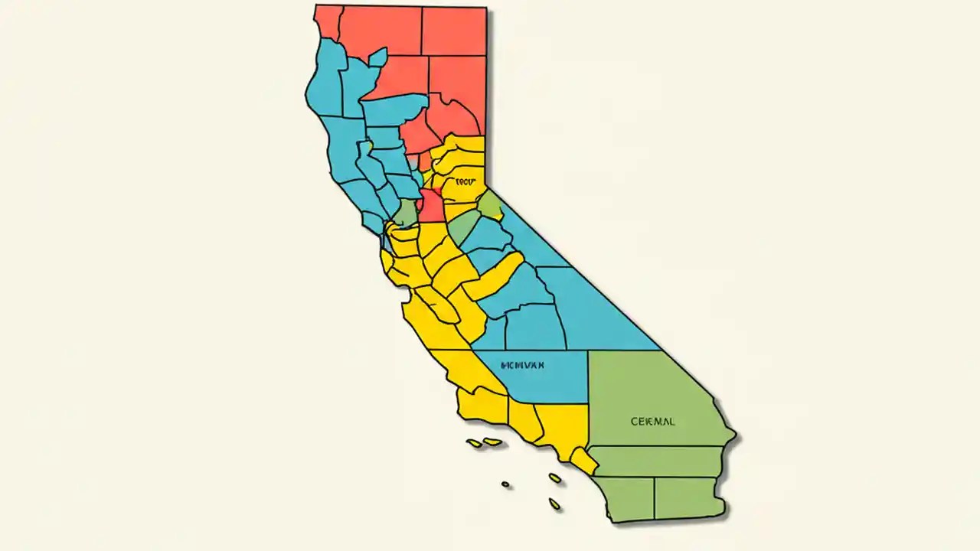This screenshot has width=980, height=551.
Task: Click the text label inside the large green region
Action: pos(653,422)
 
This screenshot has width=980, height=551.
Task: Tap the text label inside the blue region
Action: pos(522,366)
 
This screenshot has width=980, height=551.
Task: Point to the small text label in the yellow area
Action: pos(465,182)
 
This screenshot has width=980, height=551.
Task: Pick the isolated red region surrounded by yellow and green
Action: pos(430,205)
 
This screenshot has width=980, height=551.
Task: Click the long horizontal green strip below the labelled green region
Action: pos(658,461)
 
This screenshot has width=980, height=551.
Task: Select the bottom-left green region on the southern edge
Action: pos(626,497)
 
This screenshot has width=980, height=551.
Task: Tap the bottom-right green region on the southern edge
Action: pos(687,496)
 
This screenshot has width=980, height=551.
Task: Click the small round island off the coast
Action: pos(505,484)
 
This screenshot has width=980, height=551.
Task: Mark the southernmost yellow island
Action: pos(554,504)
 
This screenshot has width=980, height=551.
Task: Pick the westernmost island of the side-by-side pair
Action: pos(475,443)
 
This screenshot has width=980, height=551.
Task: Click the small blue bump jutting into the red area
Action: pos(377,57)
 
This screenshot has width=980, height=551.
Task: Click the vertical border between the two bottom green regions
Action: pos(655,497)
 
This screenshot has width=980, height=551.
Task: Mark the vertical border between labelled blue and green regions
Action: pos(588,377)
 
